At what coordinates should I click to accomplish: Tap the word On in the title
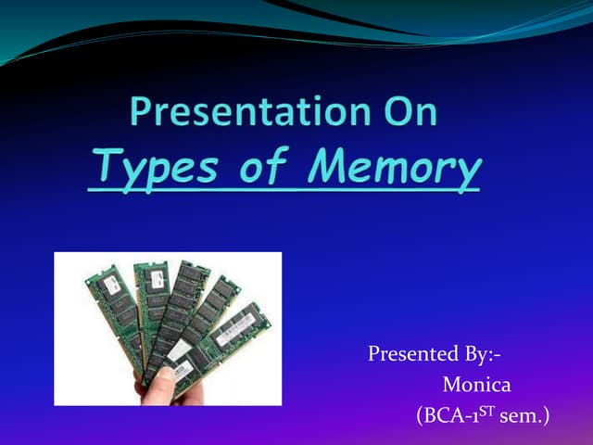pyautogui.click(x=405, y=113)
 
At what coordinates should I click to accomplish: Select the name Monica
pyautogui.click(x=477, y=383)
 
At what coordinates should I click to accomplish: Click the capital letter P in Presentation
pyautogui.click(x=140, y=113)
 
